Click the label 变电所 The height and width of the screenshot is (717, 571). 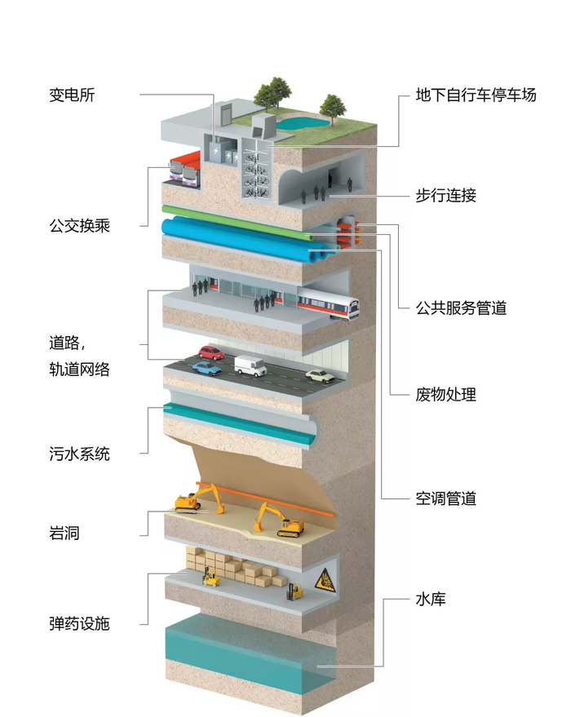pos(73,95)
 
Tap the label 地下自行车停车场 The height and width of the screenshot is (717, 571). pos(476,95)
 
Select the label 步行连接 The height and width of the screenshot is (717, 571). pos(445,195)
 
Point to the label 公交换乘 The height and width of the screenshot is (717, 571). pos(79,225)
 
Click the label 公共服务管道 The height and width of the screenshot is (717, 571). pos(461,308)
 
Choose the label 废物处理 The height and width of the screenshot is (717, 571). pos(445,395)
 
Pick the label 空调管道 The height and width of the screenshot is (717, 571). pos(445,498)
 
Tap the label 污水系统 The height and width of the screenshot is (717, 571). pos(79,454)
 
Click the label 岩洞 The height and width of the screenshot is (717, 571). pos(64,534)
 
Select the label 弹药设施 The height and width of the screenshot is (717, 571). pos(79,624)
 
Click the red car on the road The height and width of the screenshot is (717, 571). pos(212,352)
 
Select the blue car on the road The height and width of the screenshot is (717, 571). pos(206,368)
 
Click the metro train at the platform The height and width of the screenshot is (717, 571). pos(328,305)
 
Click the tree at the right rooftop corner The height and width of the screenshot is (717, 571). pos(332,105)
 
